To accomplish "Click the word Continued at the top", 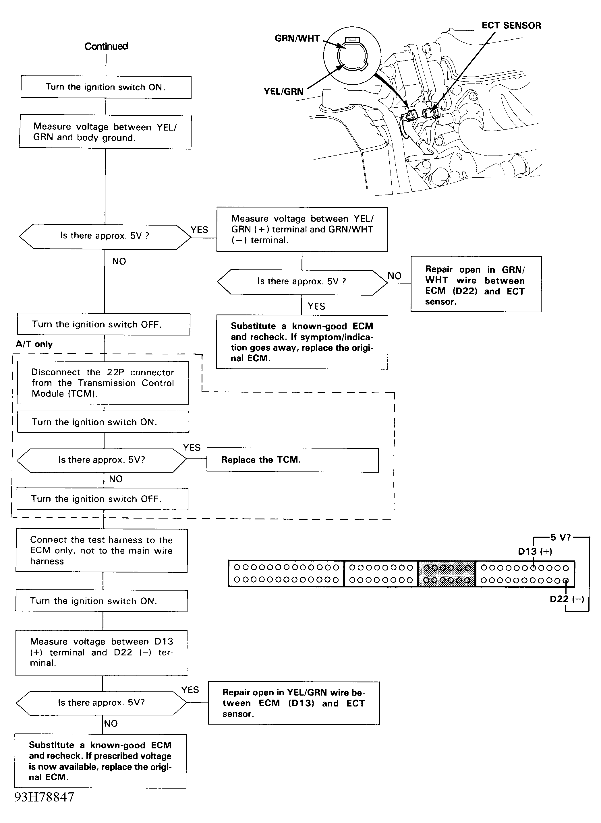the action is click(x=106, y=46).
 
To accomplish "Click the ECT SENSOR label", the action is click(x=511, y=26).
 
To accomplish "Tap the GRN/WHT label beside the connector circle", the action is click(x=297, y=38).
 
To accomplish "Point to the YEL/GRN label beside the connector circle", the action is click(x=283, y=91).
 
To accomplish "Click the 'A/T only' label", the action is click(x=34, y=344).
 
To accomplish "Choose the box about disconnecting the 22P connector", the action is click(x=103, y=383).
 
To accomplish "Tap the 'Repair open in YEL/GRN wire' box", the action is click(x=294, y=703).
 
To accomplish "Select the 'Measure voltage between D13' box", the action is click(x=101, y=653).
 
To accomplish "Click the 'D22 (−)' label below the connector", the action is click(x=567, y=599).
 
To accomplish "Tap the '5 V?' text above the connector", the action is click(x=561, y=537).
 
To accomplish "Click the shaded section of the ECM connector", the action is click(x=447, y=574).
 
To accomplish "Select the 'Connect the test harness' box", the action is click(x=101, y=551).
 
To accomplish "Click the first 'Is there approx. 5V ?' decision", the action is click(x=105, y=236).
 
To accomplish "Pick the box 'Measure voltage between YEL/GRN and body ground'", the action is click(x=105, y=132).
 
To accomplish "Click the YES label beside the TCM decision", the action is click(x=192, y=447).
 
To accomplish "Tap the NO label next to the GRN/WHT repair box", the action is click(x=394, y=276).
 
